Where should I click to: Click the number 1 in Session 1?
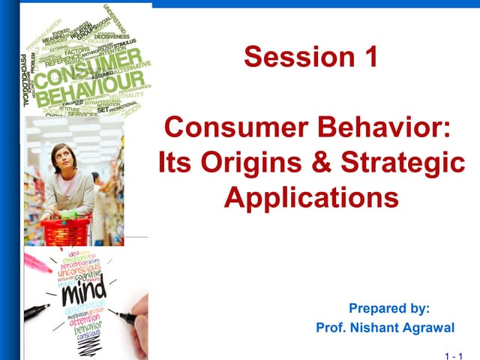(369, 58)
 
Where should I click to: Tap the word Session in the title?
(298, 58)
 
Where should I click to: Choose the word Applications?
(311, 197)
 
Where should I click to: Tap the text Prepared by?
(389, 308)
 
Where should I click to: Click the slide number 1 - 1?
(454, 352)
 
